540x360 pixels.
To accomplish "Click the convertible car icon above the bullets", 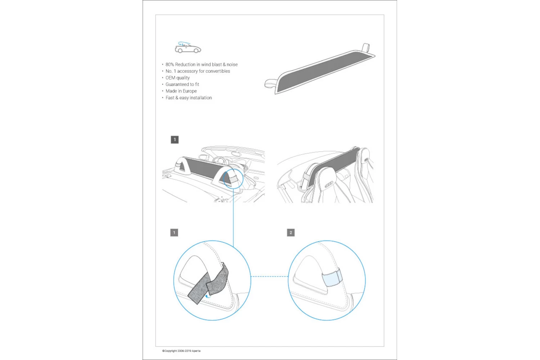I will [188, 48].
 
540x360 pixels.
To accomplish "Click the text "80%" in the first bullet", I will [170, 64].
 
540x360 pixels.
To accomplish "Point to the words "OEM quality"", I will [177, 78].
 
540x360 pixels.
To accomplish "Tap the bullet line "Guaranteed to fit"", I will [182, 84].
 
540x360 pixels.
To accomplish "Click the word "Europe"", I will [189, 91].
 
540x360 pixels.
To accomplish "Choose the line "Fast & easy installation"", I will [189, 98].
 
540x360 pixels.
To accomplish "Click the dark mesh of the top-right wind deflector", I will [320, 70].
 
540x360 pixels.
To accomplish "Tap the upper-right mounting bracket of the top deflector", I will [366, 47].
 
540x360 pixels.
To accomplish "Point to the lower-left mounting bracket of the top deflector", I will [270, 84].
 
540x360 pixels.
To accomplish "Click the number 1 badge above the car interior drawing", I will [175, 140].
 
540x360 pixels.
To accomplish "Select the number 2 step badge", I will [291, 233].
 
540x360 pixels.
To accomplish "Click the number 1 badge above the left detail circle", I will [174, 233].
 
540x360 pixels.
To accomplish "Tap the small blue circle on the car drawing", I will [233, 179].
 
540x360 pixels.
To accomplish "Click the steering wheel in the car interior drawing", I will [219, 161].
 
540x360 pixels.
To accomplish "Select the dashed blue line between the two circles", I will [269, 276].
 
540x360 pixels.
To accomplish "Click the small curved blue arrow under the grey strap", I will [207, 297].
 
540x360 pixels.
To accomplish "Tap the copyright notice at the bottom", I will [181, 351].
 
